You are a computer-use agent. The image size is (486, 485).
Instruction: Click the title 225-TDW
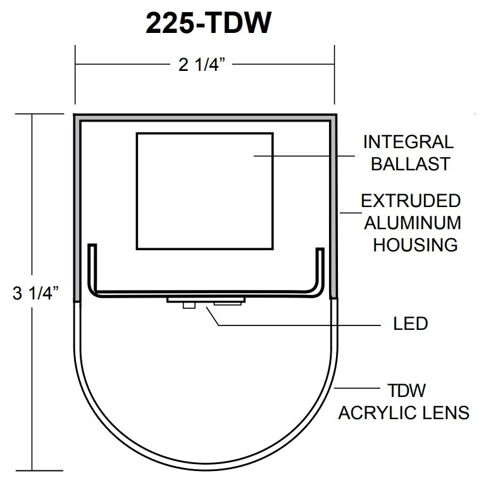(x=209, y=23)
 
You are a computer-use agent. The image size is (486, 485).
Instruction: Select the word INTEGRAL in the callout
(x=408, y=142)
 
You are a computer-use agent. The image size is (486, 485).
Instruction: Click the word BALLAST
(x=410, y=163)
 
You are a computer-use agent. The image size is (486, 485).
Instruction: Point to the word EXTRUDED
(x=411, y=201)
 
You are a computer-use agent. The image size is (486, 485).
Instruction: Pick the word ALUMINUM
(x=411, y=223)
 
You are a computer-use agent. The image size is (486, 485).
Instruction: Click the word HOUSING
(x=414, y=244)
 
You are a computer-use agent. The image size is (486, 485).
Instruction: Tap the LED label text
(x=410, y=324)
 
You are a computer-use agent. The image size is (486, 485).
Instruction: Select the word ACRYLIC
(x=377, y=413)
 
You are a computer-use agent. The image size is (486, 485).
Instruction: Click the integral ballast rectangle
(x=205, y=190)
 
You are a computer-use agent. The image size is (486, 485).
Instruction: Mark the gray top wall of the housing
(x=205, y=118)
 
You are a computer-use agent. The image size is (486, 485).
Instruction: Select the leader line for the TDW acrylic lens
(x=358, y=387)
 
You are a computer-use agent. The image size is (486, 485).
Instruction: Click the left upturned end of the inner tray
(x=93, y=266)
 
